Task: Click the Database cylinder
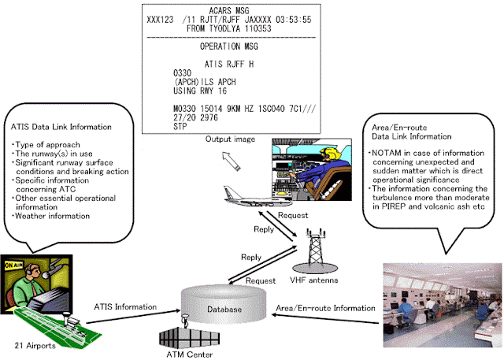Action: [225, 302]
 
